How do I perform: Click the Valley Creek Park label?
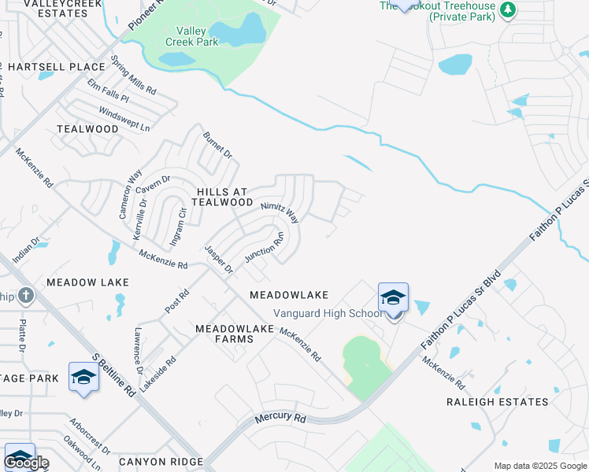(x=192, y=36)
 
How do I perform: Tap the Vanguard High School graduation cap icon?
(x=393, y=297)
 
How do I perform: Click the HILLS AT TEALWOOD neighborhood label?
(x=224, y=197)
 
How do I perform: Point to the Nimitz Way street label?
(x=280, y=211)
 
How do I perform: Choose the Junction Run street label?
(x=264, y=247)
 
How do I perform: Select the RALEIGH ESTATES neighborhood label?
(x=497, y=402)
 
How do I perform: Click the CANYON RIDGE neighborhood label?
(x=161, y=461)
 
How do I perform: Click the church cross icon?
(x=26, y=296)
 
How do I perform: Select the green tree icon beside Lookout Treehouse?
(x=509, y=9)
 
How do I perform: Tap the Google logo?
(x=26, y=462)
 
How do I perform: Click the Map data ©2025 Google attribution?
(x=540, y=466)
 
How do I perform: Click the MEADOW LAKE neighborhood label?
(x=76, y=282)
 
